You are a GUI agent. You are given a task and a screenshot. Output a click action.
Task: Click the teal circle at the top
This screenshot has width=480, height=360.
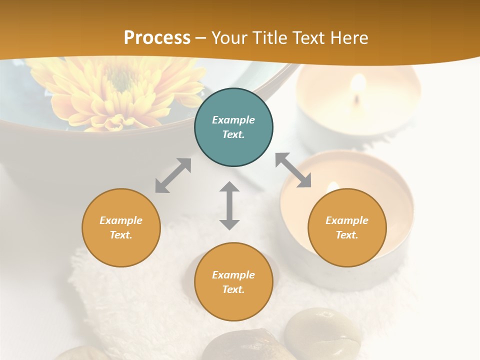(x=233, y=127)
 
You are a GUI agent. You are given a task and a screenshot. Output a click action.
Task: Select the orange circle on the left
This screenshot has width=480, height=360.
(x=121, y=227)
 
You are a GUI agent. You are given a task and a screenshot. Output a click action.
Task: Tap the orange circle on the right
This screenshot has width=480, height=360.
(x=347, y=227)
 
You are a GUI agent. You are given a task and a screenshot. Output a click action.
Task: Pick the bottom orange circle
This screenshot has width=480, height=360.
(x=233, y=282)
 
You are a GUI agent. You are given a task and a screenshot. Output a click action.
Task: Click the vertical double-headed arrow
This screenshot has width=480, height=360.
(x=229, y=205)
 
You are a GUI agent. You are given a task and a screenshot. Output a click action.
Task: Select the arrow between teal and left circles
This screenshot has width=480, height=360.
(x=173, y=175)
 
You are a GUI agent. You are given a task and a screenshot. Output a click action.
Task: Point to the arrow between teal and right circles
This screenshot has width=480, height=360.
(x=293, y=170)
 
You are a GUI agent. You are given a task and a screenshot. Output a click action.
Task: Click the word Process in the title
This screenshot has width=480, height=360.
(x=157, y=37)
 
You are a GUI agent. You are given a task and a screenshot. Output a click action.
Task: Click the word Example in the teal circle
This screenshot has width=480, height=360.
(x=233, y=120)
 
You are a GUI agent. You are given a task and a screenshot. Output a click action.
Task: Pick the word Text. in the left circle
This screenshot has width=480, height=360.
(x=121, y=235)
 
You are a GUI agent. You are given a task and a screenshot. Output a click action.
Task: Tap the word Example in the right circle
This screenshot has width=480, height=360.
(x=347, y=220)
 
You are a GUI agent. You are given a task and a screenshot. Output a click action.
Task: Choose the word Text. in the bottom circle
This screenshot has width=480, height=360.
(x=233, y=289)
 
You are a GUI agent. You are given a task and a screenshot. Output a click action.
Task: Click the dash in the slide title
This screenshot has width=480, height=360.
(x=201, y=38)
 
